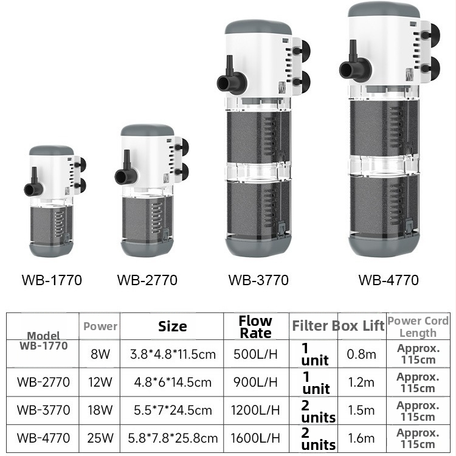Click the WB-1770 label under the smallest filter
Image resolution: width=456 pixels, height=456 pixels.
pos(52,280)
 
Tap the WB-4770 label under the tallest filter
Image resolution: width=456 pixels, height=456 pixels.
pos(389,280)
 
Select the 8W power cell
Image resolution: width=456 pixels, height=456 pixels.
pos(100,354)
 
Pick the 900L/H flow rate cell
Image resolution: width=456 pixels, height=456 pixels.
pos(255,382)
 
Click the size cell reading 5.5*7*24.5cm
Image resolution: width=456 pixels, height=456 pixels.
pos(173,410)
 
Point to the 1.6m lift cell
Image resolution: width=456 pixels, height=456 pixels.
pos(361,438)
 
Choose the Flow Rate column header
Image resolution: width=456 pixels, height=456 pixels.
pos(255,327)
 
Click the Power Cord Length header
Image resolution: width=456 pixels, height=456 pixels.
pos(418,326)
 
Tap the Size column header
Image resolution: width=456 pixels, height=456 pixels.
pos(173,326)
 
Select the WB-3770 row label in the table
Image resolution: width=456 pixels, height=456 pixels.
pos(43,410)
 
